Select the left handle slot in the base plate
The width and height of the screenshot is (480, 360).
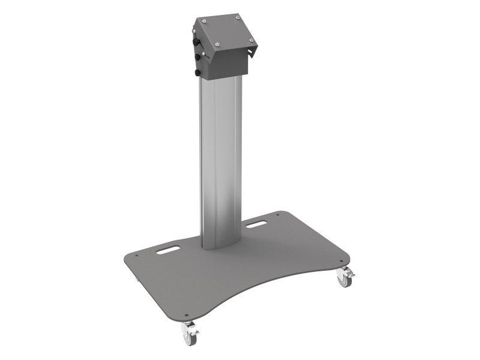click(x=168, y=251)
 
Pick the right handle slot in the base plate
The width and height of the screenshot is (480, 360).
click(x=257, y=226)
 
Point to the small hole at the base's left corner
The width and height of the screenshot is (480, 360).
click(x=137, y=256)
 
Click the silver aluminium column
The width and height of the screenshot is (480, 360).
click(x=220, y=162)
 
